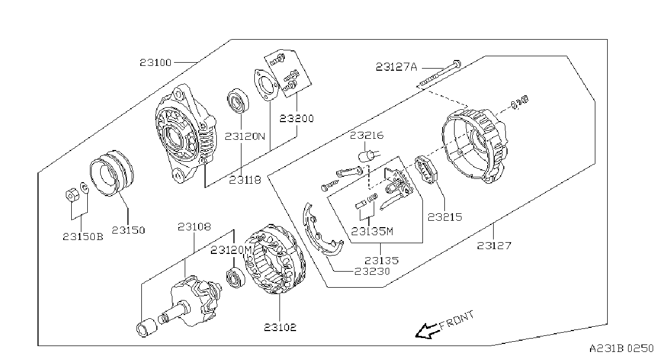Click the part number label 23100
click(155, 63)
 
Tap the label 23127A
click(397, 67)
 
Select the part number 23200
click(297, 119)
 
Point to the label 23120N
click(245, 137)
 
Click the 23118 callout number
click(245, 180)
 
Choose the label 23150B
click(83, 237)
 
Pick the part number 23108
click(194, 227)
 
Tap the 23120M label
click(231, 250)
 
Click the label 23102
click(280, 327)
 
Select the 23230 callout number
click(372, 271)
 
